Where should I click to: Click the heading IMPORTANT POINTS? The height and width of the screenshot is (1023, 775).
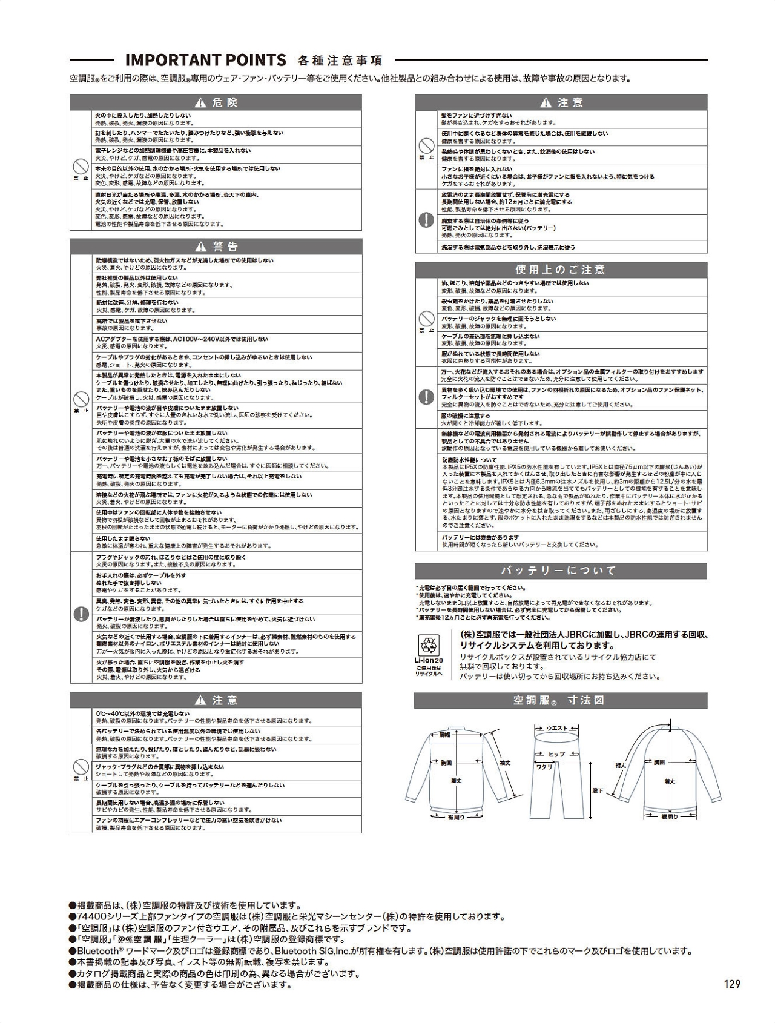tap(205, 60)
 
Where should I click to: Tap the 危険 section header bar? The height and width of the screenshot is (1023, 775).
tap(216, 102)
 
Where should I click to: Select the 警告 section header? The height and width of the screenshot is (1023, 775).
tap(216, 247)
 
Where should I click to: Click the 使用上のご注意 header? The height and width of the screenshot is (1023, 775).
tap(561, 270)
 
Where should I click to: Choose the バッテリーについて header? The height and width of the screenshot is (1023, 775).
tap(561, 571)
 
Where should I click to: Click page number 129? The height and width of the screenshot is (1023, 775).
tap(732, 984)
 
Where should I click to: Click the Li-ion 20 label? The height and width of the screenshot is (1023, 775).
tap(429, 661)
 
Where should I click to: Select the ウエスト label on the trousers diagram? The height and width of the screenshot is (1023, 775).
tap(557, 728)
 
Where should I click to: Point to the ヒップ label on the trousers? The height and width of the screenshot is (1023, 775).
tap(556, 755)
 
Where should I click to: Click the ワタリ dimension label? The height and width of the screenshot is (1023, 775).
tap(545, 767)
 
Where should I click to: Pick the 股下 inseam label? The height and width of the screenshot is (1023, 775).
tap(598, 790)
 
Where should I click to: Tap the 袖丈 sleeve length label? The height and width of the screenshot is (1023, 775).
tap(505, 763)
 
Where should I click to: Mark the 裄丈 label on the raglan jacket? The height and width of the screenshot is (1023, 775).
tap(621, 766)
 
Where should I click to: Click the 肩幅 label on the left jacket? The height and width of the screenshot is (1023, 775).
tap(444, 735)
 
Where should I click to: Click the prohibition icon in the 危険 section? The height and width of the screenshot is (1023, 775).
tap(81, 167)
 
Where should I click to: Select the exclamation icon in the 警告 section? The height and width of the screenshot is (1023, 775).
tap(81, 614)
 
